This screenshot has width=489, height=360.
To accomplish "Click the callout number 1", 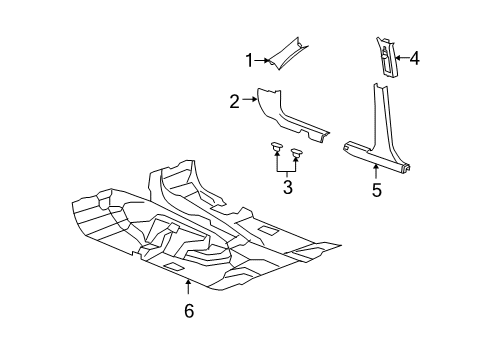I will pos(250,61).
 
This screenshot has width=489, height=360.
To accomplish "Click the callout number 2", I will pos(233,101).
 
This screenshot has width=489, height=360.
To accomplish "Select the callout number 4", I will pos(414,59).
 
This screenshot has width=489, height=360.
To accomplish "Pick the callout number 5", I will pos(377,190).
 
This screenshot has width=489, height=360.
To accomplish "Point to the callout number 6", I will pos(188,310).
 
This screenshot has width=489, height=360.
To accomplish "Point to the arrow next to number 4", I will pos(401,59).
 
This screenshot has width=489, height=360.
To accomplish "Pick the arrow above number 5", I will pos(377,173).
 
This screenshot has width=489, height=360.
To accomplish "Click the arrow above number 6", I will pos(188,290).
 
